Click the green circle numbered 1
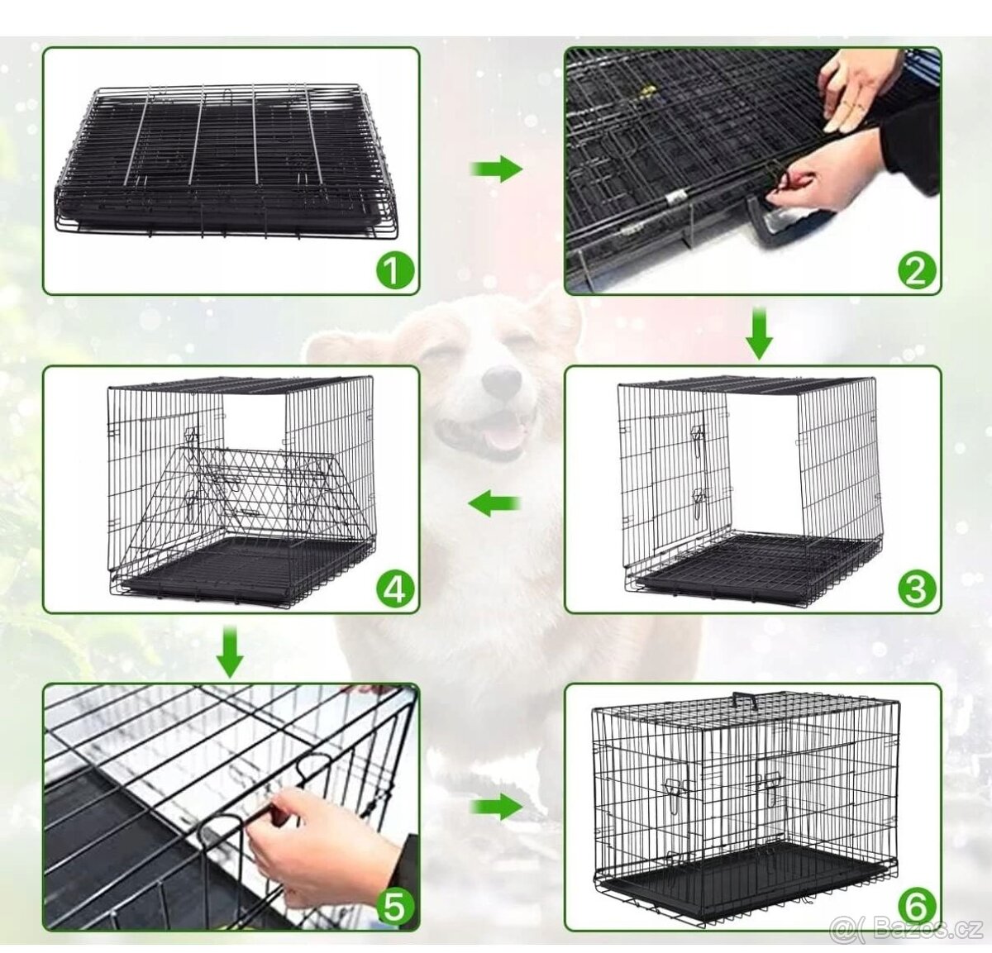(395, 272)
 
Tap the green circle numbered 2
(917, 272)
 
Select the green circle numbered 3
(917, 589)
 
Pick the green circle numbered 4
(395, 589)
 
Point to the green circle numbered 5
(395, 908)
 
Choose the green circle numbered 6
(917, 908)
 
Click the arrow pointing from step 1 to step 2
(497, 169)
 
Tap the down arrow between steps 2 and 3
(760, 333)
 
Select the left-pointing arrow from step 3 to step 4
(494, 503)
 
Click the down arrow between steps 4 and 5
(230, 652)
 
